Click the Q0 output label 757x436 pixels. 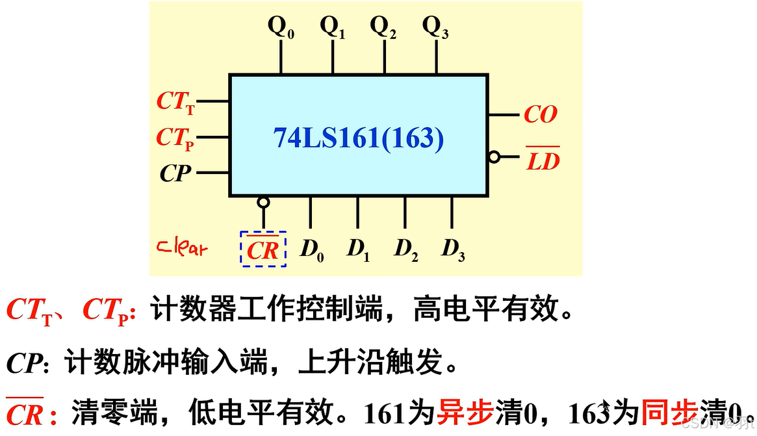pyautogui.click(x=281, y=27)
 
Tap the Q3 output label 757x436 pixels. pyautogui.click(x=435, y=27)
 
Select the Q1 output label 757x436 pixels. pyautogui.click(x=333, y=27)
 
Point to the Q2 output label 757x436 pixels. pyautogui.click(x=383, y=27)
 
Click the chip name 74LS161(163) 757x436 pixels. pyautogui.click(x=358, y=138)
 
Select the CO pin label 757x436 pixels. pyautogui.click(x=541, y=115)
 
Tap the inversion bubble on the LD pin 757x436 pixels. pyautogui.click(x=494, y=157)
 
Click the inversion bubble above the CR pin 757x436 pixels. pyautogui.click(x=263, y=203)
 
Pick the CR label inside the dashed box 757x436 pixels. pyautogui.click(x=263, y=250)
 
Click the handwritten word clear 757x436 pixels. pyautogui.click(x=183, y=248)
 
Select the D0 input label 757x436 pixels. pyautogui.click(x=311, y=250)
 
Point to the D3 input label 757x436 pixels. pyautogui.click(x=453, y=250)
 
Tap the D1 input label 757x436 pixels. pyautogui.click(x=358, y=250)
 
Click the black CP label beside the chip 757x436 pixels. pyautogui.click(x=175, y=173)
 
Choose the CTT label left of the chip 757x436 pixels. pyautogui.click(x=175, y=102)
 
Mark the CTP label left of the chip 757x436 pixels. pyautogui.click(x=175, y=138)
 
